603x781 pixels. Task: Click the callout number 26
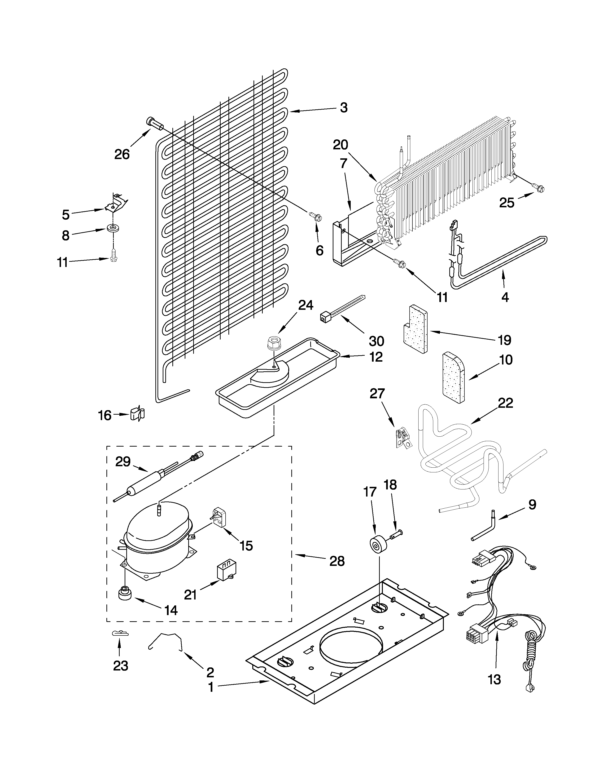(x=122, y=155)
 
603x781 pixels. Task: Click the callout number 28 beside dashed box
(x=337, y=561)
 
